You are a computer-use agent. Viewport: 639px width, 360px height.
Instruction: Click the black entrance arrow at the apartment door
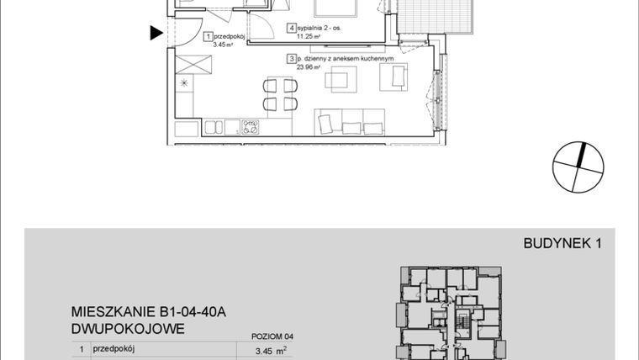point(156,34)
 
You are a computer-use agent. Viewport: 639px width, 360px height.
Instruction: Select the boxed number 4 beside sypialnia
point(291,28)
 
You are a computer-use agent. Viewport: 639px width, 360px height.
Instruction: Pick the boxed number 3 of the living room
point(290,59)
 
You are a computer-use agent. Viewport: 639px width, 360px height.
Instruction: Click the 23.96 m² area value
point(299,68)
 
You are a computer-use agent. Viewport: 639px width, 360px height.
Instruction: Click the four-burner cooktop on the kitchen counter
point(250,128)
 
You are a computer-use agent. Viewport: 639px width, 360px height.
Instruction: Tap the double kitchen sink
point(214,128)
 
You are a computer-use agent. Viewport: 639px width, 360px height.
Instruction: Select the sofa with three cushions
point(350,123)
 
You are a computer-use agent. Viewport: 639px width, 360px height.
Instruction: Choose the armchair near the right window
point(393,77)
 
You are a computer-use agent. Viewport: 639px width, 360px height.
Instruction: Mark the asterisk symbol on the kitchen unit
point(184,83)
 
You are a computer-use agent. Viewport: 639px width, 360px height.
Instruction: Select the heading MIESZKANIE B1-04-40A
point(150,313)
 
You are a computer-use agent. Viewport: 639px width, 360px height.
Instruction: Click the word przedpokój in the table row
point(114,348)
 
